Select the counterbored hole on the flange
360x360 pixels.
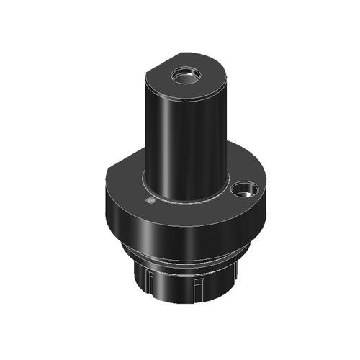tap(245, 190)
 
